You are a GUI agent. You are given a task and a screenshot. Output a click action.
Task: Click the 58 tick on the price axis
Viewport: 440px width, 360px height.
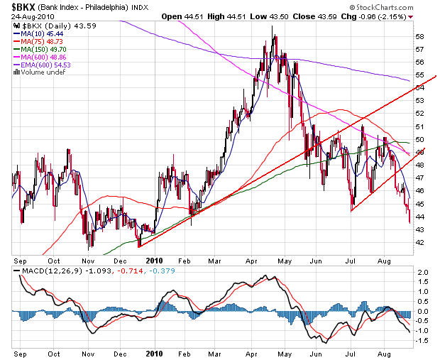click(x=420, y=36)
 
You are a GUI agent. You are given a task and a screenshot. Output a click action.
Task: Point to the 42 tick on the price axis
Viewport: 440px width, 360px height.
click(x=420, y=242)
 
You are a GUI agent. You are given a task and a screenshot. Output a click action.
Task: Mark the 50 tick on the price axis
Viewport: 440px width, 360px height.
click(x=420, y=139)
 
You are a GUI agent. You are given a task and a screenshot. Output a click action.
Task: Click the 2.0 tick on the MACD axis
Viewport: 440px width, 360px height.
click(x=422, y=273)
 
